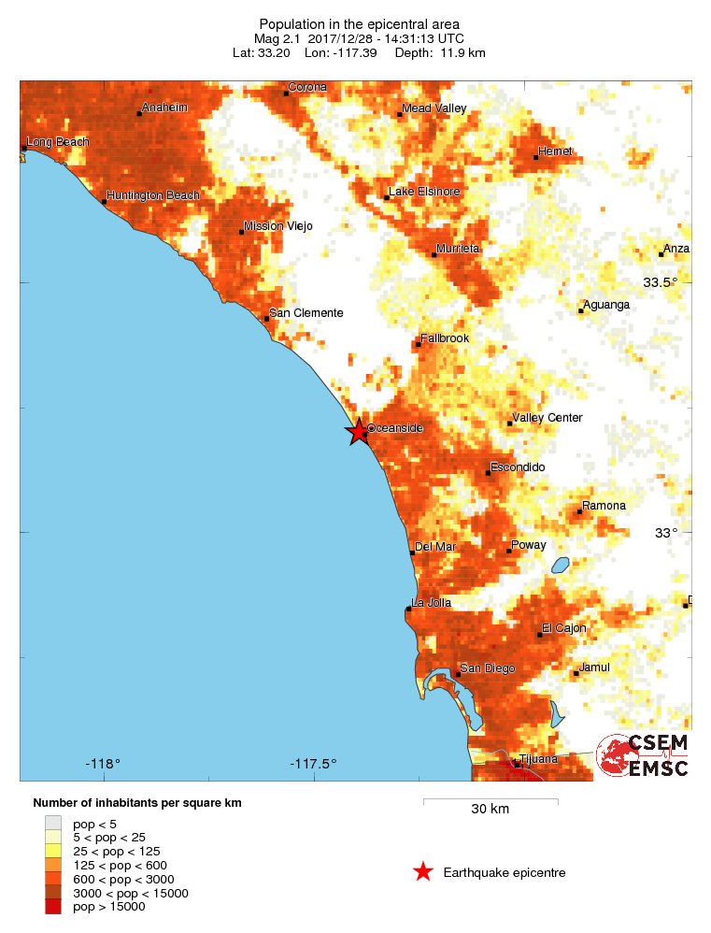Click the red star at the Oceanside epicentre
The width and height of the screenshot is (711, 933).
click(358, 431)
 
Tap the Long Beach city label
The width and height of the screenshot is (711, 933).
click(58, 142)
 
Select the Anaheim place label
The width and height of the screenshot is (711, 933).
click(164, 108)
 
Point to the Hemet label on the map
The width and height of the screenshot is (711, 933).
click(556, 151)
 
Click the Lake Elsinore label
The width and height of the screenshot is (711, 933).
click(424, 192)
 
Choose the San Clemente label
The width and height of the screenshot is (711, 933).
click(306, 313)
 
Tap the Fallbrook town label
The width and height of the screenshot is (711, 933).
click(445, 338)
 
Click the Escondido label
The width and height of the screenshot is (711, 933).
click(518, 467)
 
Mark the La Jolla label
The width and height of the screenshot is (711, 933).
click(433, 603)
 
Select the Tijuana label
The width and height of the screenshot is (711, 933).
click(538, 759)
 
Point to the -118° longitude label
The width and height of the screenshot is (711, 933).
click(103, 764)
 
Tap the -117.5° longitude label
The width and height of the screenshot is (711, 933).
click(314, 764)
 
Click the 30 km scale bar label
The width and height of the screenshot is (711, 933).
click(490, 809)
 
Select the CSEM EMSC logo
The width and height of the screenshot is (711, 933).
click(643, 755)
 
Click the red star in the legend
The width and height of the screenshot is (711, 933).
click(423, 872)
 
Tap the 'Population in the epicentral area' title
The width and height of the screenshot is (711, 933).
click(359, 23)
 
